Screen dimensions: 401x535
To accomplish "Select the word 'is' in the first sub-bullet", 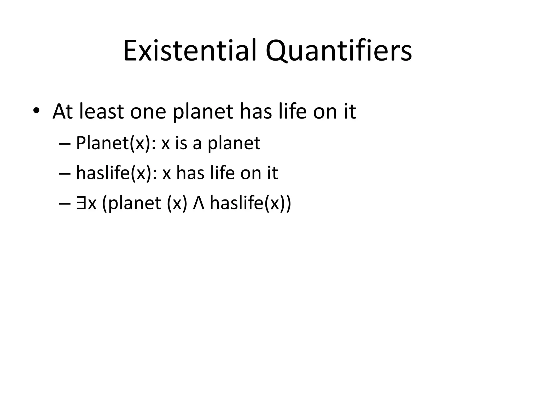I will click(181, 143).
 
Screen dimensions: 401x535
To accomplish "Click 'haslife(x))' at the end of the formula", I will click(250, 203).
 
